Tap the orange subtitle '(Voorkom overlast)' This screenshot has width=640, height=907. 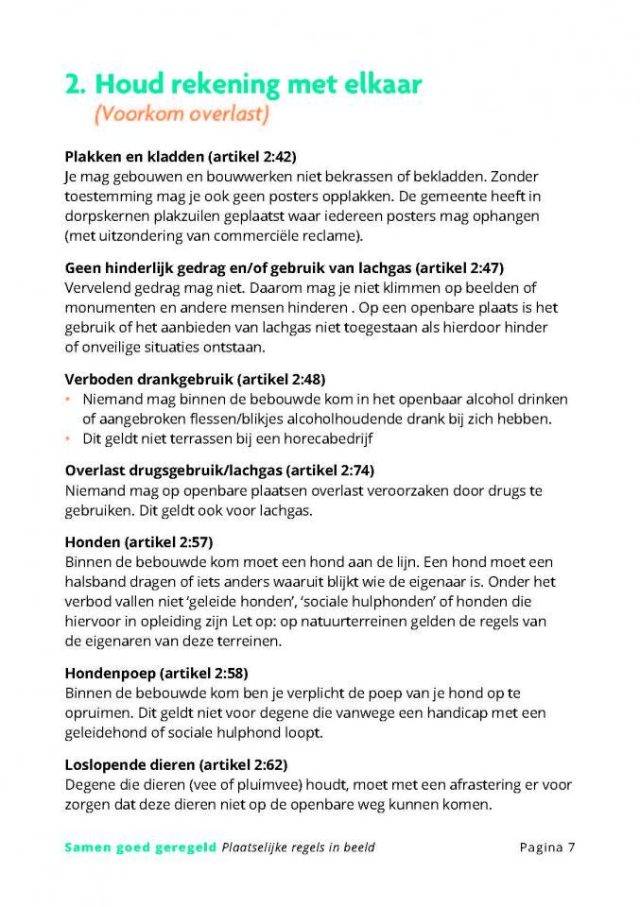(181, 115)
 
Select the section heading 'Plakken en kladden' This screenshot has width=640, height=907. (133, 157)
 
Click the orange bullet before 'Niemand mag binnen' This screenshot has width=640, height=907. (68, 399)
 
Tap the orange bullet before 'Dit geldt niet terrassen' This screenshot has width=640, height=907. (68, 438)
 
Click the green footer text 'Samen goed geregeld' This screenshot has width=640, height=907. (140, 847)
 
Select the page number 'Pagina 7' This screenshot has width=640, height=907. (547, 847)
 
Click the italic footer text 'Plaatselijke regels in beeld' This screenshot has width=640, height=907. (299, 847)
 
